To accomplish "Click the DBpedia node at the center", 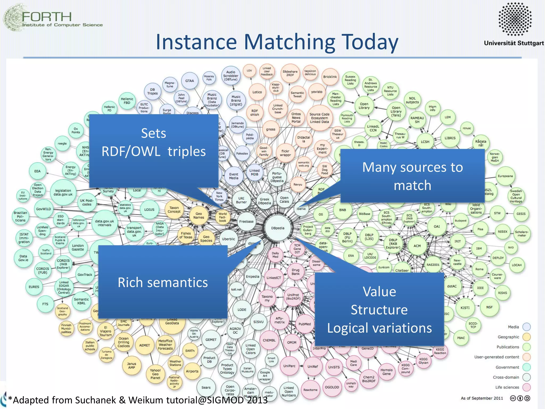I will [278, 228].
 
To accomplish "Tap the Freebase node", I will [246, 222].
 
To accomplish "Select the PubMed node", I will [304, 324].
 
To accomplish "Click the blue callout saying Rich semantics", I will [163, 282].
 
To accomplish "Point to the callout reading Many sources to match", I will [412, 176].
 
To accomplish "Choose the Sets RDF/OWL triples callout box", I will [154, 151].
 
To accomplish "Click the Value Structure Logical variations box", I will [379, 310].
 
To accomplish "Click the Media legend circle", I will [526, 327].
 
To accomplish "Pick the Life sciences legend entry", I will [507, 387].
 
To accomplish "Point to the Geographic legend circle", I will [526, 337].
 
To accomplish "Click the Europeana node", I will [505, 176].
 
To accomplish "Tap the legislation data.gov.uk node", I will [63, 193].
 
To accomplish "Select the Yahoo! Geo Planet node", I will [155, 374].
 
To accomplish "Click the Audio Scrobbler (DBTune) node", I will [231, 76].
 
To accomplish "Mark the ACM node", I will [417, 246].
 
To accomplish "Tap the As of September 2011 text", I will [482, 398].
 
